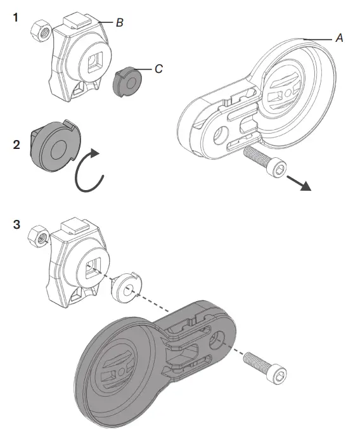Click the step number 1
point(15,18)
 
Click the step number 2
point(16,144)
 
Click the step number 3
point(16,224)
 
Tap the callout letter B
point(119,23)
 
